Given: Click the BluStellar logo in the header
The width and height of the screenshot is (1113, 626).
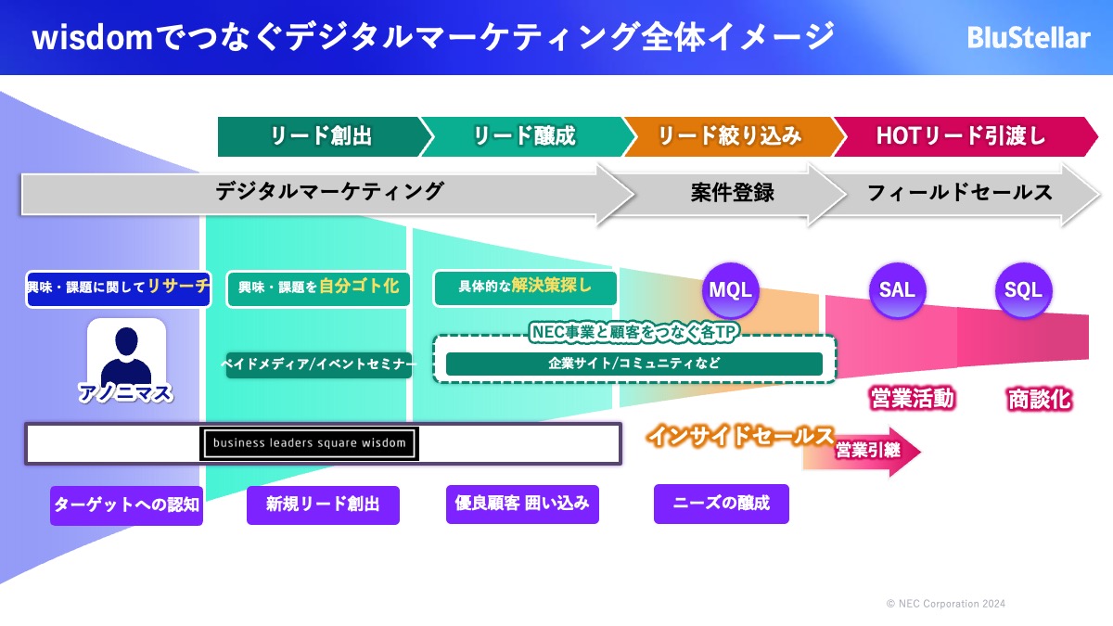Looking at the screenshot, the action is [x=1029, y=38].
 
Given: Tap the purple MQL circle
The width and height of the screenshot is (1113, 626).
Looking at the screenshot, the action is [x=731, y=290].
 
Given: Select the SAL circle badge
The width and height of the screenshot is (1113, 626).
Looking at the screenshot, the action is [x=898, y=290].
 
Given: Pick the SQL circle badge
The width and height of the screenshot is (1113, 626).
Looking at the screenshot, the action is [x=1024, y=290].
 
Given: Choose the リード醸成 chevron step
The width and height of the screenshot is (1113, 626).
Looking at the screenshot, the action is [x=528, y=136].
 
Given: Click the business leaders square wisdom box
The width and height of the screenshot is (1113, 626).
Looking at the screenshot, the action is [x=309, y=443].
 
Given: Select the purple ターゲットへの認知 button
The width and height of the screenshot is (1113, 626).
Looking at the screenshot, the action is [x=126, y=505].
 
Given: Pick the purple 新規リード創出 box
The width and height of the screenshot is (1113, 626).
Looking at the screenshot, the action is [x=323, y=505].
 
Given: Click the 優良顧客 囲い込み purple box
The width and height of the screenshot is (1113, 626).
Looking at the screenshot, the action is [x=522, y=504].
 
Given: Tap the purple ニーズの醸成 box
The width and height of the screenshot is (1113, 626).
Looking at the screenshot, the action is [x=722, y=504].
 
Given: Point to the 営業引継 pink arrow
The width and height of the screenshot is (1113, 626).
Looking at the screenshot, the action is [x=862, y=452].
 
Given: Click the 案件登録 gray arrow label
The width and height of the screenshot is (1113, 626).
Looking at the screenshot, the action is [x=733, y=193].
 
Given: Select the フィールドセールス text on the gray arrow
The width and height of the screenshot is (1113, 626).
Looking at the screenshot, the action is [x=960, y=193].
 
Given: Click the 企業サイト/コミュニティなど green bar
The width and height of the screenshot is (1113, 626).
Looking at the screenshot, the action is [x=634, y=364].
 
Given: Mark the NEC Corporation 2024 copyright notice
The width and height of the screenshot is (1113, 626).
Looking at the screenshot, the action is [x=946, y=604].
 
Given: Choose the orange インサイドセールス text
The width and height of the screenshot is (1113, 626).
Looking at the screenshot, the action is [x=740, y=436].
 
